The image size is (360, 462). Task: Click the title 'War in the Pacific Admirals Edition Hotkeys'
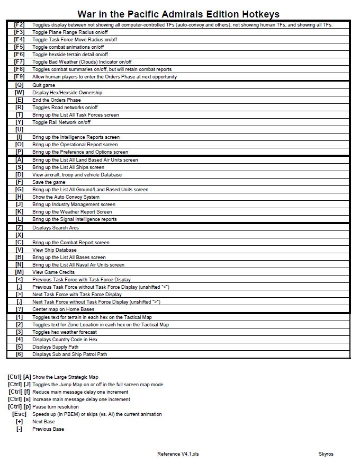click(178, 14)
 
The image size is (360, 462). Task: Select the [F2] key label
click(20, 25)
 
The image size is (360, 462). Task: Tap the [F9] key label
click(20, 77)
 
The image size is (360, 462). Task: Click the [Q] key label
click(20, 85)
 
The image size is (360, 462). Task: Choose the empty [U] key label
click(20, 130)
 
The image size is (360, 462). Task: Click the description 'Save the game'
click(49, 182)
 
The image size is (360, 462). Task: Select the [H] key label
click(20, 197)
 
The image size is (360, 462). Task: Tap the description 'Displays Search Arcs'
click(55, 228)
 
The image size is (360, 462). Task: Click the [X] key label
click(20, 235)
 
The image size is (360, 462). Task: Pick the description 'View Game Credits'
click(53, 272)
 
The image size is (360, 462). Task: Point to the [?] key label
click(20, 309)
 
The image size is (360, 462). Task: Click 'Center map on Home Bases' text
click(63, 309)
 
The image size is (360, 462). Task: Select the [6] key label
click(20, 354)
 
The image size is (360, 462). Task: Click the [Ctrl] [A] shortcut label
click(19, 377)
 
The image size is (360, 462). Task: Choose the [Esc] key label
click(19, 414)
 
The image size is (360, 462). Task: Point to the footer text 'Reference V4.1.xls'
click(178, 454)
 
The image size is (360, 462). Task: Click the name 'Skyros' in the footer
click(326, 454)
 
